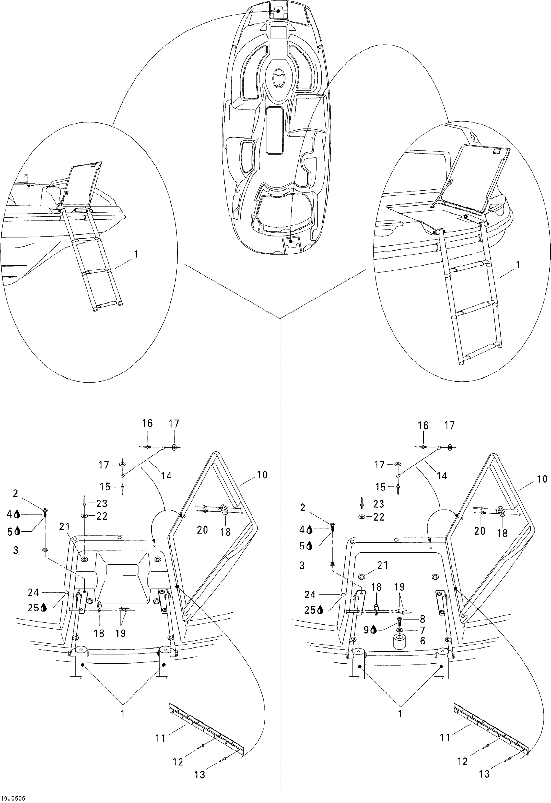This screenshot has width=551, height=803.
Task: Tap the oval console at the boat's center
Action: click(277, 79)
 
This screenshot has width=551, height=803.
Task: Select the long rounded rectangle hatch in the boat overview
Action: click(275, 130)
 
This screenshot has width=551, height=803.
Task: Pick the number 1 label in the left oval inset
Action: click(136, 254)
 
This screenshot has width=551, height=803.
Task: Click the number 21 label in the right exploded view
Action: click(383, 565)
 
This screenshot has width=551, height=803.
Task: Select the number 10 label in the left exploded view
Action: click(262, 475)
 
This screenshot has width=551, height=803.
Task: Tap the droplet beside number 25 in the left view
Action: click(44, 608)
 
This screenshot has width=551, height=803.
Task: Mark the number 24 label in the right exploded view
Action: click(310, 595)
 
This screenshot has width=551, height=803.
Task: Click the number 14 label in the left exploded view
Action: click(166, 476)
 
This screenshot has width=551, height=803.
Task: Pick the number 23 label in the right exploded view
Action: click(379, 504)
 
